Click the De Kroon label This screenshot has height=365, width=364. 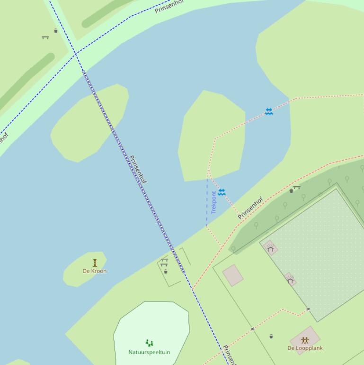pos(95,271)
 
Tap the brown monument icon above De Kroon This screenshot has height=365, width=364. pos(95,263)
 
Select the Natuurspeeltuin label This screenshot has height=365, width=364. pos(149,352)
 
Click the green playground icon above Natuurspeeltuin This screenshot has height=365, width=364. pos(150,343)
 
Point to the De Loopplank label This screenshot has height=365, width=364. pos(305,348)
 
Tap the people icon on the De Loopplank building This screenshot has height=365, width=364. pos(305,340)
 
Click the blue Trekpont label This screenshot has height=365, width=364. pos(214,202)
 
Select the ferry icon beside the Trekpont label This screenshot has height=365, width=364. pos(222,192)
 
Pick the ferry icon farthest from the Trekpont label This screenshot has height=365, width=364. pos(269,111)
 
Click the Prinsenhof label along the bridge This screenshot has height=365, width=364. pos(138,170)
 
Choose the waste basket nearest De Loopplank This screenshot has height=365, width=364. pos(271,336)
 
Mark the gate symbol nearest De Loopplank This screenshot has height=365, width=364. pos(308,309)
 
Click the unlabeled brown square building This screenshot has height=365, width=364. pos(233,275)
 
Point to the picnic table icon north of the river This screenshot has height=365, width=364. pos(45,37)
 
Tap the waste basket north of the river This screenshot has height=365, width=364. pos(56,31)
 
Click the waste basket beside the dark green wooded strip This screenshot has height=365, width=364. pos(291,191)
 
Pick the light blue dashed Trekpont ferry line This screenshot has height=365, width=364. pos(207,204)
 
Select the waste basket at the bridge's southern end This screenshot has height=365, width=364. pos(165,272)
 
